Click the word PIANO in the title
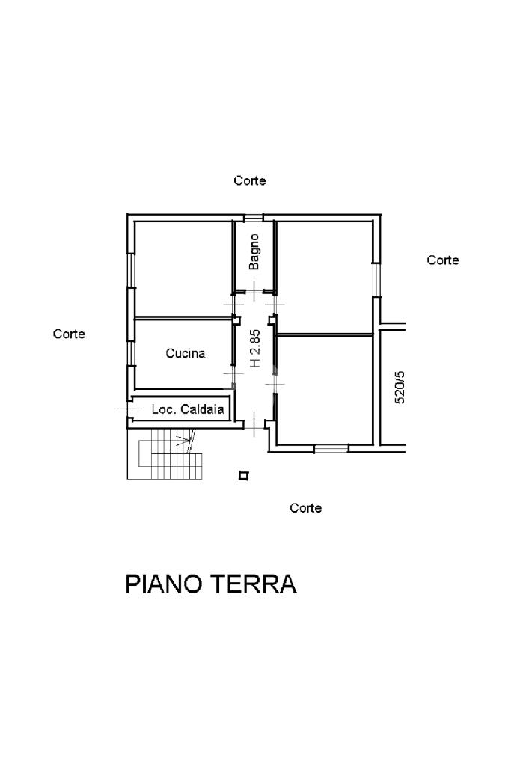click(162, 584)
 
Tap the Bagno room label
click(254, 251)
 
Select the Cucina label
click(185, 354)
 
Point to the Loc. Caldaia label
click(187, 409)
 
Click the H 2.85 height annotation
click(254, 348)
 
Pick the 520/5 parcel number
click(400, 386)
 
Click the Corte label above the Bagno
click(250, 180)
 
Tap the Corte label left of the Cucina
click(69, 334)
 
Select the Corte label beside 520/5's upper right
click(443, 260)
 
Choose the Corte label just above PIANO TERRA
click(306, 508)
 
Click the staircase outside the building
click(172, 456)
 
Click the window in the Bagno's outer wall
click(254, 218)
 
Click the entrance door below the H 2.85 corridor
click(256, 425)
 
